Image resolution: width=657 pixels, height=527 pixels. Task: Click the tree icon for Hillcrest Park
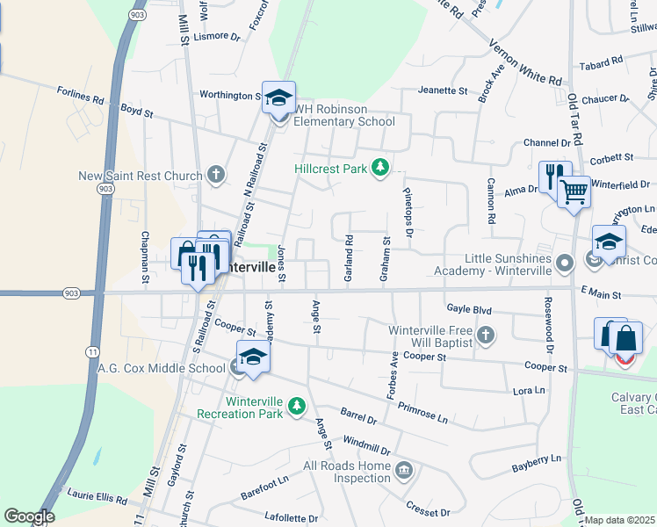click(380, 167)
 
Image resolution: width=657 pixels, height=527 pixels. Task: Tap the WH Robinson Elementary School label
click(344, 115)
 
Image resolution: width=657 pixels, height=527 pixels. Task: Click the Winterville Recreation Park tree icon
click(298, 405)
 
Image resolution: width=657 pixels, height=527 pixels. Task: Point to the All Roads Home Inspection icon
click(403, 472)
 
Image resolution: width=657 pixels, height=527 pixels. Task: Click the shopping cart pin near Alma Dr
click(574, 191)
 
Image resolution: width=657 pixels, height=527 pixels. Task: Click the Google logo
click(29, 516)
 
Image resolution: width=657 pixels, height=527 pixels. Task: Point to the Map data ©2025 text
click(620, 520)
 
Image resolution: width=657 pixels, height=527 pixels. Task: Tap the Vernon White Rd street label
click(524, 58)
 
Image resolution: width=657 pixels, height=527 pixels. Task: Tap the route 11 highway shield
click(91, 327)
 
